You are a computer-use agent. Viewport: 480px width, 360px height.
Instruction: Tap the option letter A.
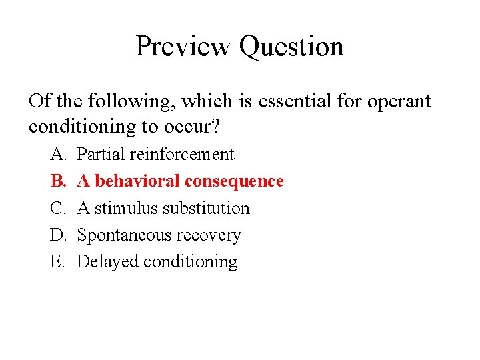click(57, 155)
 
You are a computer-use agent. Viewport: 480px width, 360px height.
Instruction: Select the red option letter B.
click(57, 181)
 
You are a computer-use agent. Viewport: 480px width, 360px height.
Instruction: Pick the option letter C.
click(57, 209)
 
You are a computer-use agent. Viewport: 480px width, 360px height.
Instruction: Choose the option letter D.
click(57, 235)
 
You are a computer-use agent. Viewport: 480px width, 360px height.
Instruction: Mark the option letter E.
click(57, 262)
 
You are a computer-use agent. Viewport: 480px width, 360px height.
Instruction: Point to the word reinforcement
click(182, 155)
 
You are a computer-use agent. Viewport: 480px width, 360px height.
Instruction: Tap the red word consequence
click(235, 181)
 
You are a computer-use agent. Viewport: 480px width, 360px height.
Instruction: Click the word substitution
click(206, 209)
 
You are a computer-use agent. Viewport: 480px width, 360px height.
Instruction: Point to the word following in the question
click(129, 102)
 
